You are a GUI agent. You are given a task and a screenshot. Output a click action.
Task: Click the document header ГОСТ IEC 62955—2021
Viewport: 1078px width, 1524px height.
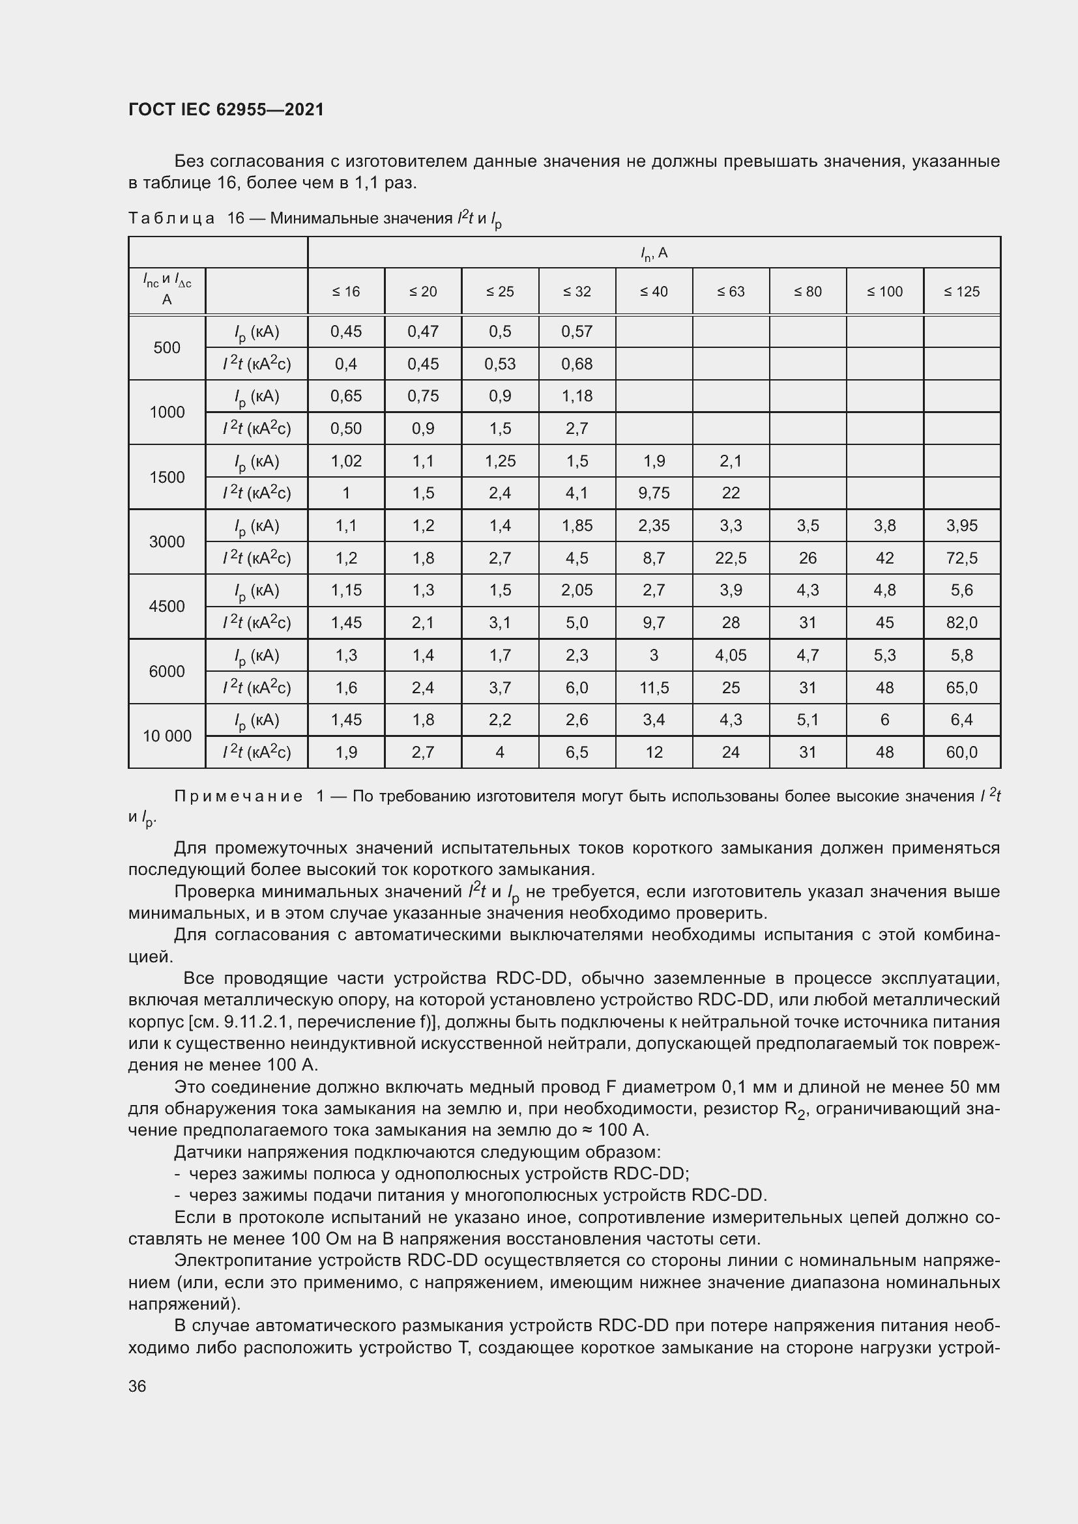click(x=226, y=109)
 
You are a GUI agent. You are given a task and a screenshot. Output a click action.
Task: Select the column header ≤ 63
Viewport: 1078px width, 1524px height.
click(x=731, y=291)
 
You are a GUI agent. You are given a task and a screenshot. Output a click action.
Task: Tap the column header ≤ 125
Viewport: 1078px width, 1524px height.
click(x=961, y=291)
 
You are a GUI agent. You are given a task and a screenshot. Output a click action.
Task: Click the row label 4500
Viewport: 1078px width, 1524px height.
click(x=167, y=606)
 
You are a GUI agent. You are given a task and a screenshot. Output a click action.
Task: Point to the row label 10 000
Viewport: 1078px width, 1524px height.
click(x=167, y=736)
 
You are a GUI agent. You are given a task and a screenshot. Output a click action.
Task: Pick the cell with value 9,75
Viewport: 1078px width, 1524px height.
click(x=654, y=493)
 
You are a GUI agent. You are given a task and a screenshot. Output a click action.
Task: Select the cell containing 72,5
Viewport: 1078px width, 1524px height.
click(x=961, y=558)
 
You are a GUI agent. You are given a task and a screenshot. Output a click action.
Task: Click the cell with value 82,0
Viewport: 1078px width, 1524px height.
click(x=961, y=623)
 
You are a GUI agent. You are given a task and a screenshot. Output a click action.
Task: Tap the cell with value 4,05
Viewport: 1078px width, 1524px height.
click(x=731, y=655)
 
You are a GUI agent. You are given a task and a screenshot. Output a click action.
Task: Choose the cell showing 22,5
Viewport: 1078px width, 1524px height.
click(x=731, y=558)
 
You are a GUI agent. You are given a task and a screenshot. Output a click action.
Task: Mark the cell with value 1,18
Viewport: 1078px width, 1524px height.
click(x=577, y=396)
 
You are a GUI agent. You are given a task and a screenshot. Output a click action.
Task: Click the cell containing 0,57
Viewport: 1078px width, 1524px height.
click(x=577, y=331)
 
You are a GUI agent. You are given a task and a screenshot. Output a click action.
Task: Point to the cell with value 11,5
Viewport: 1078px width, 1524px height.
click(x=654, y=687)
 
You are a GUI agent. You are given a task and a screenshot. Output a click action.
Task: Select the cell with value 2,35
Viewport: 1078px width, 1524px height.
click(x=654, y=526)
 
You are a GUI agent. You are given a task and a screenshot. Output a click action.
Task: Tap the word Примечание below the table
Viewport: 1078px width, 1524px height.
click(x=239, y=796)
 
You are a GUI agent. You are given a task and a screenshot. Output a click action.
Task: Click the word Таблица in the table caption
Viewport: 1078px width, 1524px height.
click(x=171, y=218)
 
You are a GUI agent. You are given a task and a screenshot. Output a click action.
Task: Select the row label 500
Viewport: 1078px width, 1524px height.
click(x=167, y=348)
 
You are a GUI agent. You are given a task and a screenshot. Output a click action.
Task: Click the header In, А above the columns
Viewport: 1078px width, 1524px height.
click(x=654, y=253)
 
